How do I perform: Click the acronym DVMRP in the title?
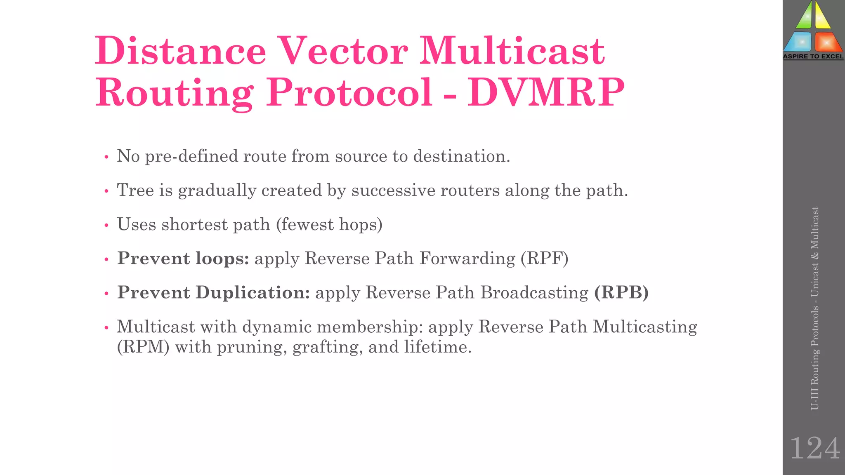point(545,92)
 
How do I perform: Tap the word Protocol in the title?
point(349,92)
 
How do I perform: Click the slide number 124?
point(814,448)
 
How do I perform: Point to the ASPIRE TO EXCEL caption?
point(813,56)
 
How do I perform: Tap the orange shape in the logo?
point(827,42)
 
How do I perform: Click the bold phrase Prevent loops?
point(183,259)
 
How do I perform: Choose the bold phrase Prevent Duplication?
point(213,292)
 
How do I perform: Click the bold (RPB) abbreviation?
point(621,292)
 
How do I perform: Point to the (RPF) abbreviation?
point(544,259)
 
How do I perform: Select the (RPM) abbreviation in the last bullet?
point(143,347)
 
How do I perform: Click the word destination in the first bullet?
point(461,156)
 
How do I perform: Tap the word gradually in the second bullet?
point(217,190)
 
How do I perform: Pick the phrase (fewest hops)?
point(329,225)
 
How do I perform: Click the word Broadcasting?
point(534,292)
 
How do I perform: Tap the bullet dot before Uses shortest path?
point(106,225)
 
